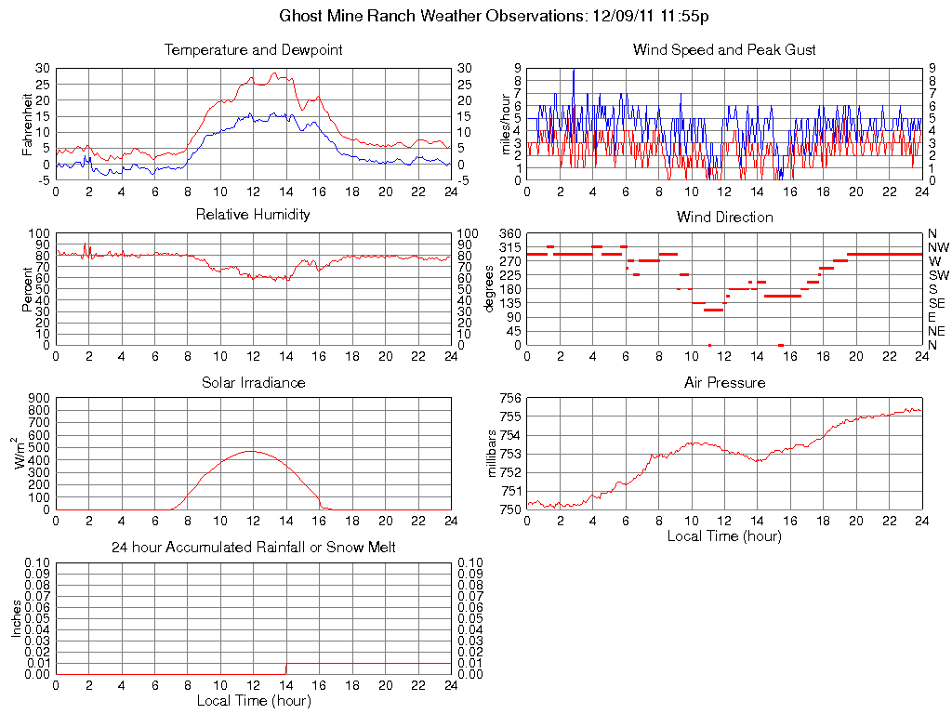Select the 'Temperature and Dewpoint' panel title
[253, 49]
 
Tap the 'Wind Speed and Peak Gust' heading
[724, 49]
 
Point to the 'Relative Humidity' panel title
[253, 215]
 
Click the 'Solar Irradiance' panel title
[253, 382]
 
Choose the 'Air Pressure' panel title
[724, 382]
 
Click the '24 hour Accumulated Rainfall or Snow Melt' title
[253, 548]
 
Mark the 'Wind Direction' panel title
[724, 217]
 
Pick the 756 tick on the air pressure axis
[511, 399]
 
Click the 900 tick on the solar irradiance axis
[40, 399]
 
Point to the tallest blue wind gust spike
[574, 70]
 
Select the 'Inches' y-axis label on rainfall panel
[16, 618]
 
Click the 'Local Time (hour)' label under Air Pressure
[724, 536]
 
